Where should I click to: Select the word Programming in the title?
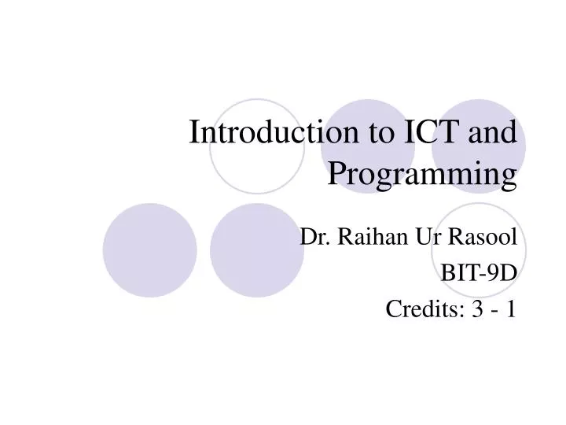[422, 173]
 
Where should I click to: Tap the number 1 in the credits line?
[511, 309]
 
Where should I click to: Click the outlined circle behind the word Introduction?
[256, 147]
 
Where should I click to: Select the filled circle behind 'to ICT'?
[364, 147]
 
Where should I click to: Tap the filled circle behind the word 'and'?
[479, 147]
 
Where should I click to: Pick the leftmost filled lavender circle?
[149, 249]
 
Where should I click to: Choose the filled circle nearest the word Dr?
[256, 249]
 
